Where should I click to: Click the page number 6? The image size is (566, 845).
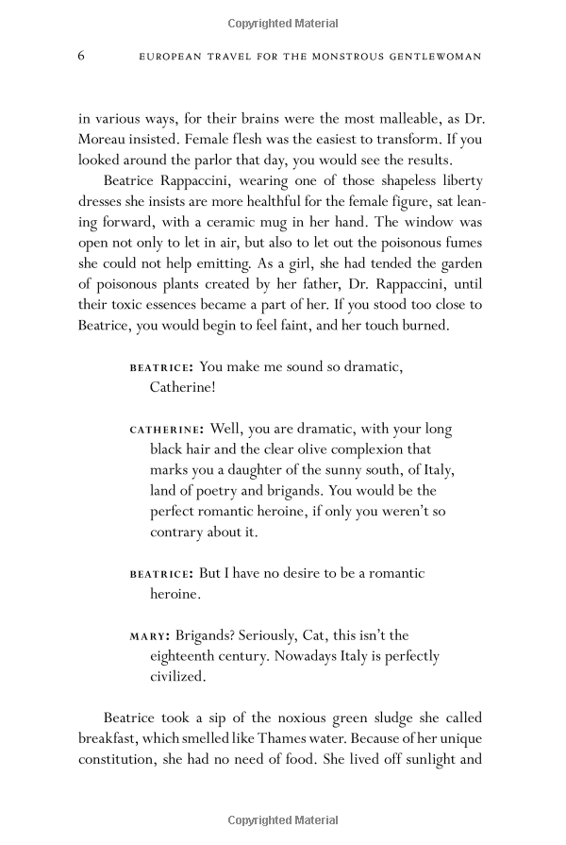pyautogui.click(x=81, y=56)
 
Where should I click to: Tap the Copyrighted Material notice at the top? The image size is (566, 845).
pyautogui.click(x=282, y=20)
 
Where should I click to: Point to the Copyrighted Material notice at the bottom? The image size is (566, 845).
pyautogui.click(x=282, y=819)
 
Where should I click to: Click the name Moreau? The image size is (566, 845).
pyautogui.click(x=108, y=140)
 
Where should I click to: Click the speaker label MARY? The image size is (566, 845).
pyautogui.click(x=147, y=635)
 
